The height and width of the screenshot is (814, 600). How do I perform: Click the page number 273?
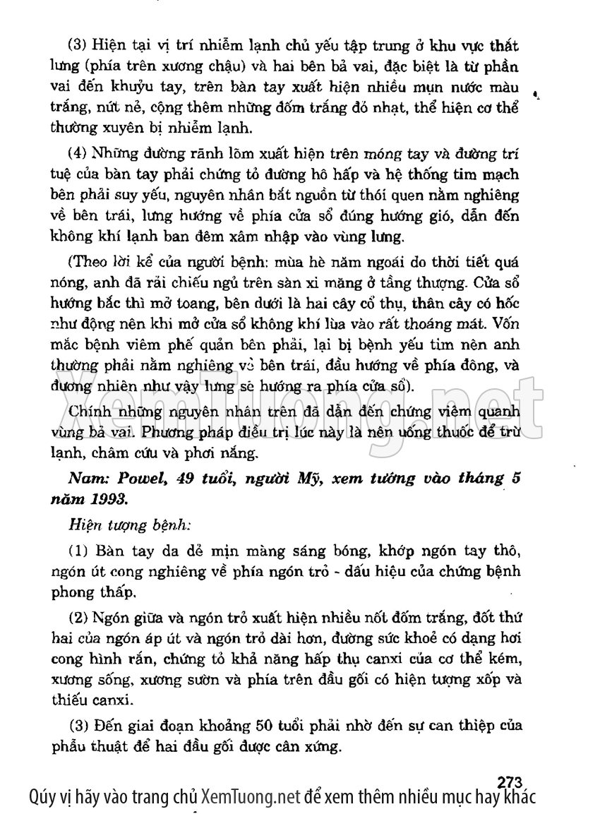click(x=509, y=781)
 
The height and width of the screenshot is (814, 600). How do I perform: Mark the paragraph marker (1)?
click(x=78, y=550)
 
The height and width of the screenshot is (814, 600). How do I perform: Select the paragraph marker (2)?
click(x=78, y=620)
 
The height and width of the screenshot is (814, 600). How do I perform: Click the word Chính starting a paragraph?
click(x=90, y=411)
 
